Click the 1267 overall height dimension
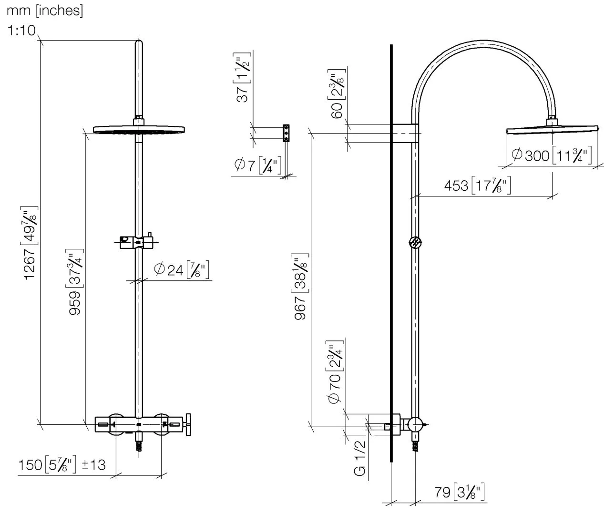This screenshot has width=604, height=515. (x=30, y=243)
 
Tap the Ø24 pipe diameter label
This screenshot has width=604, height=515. (x=182, y=270)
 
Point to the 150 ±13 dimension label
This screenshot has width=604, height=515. (x=62, y=464)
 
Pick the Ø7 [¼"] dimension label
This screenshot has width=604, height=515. (x=258, y=165)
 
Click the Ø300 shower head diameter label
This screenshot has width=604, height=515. (x=551, y=155)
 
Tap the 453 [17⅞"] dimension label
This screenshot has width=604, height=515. (x=477, y=185)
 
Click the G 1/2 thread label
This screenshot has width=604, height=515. (x=360, y=458)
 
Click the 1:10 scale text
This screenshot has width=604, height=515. (x=21, y=31)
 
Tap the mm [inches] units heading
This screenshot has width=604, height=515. (x=45, y=10)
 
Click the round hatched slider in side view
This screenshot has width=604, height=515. (x=415, y=242)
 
